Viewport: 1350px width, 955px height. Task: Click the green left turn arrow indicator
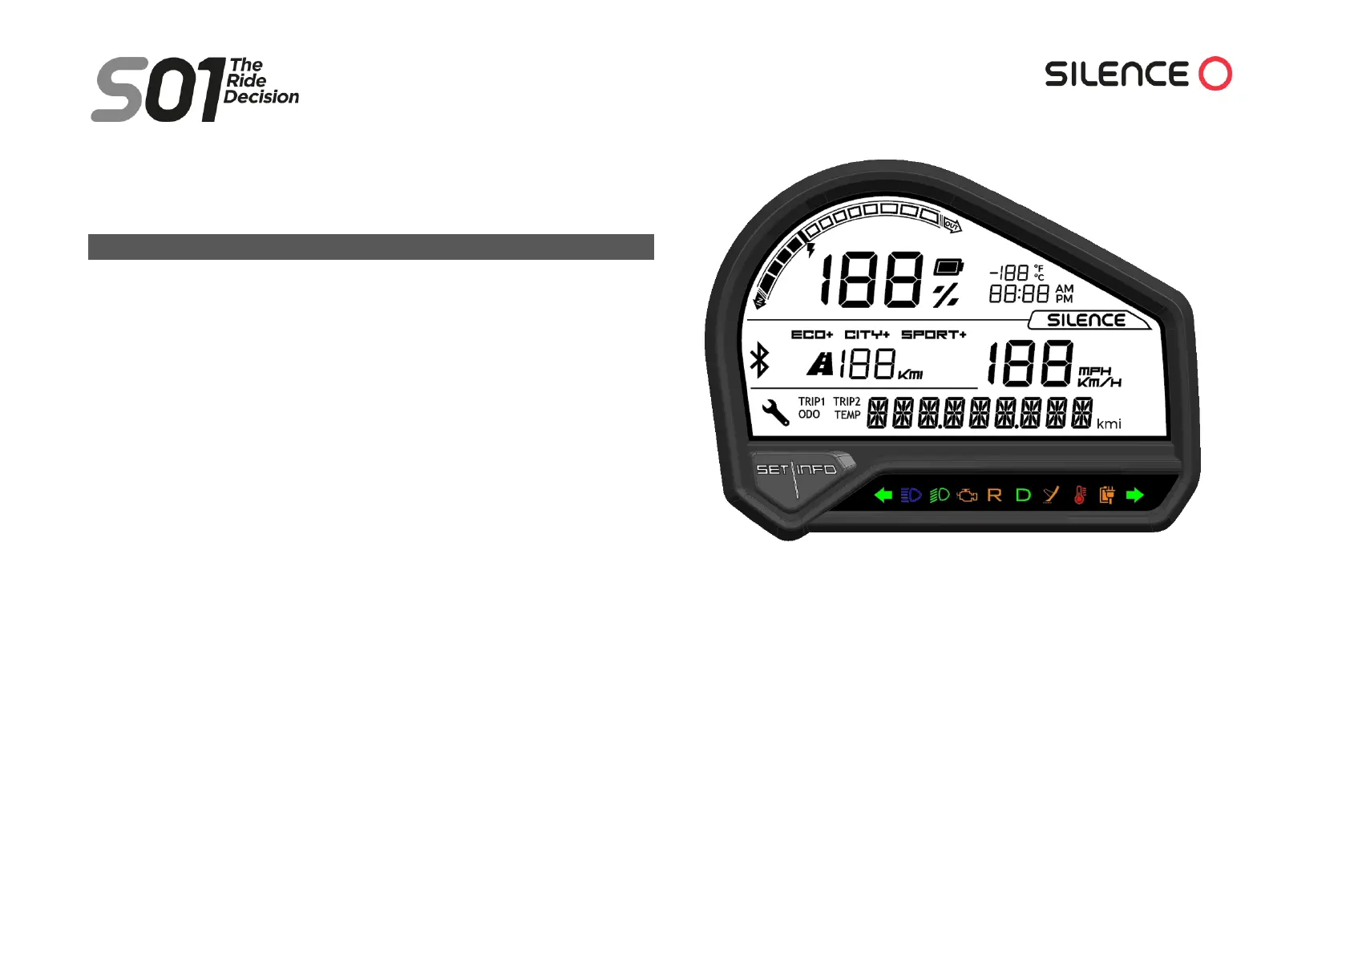coord(883,495)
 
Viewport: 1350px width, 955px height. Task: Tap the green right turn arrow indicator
coord(1134,495)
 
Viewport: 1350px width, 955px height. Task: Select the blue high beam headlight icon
coord(911,495)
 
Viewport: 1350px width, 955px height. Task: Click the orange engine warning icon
coord(968,495)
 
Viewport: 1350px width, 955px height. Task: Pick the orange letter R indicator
coord(994,495)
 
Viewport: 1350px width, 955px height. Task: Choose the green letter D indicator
coord(1023,495)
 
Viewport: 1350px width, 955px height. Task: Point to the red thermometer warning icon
coord(1080,495)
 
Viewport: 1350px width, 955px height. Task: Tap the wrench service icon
coord(774,412)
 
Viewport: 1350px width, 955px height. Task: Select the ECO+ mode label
coord(811,334)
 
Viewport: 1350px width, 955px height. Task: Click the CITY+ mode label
coord(867,334)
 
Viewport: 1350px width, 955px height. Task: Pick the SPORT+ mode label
coord(933,334)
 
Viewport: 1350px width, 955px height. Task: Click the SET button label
coord(772,469)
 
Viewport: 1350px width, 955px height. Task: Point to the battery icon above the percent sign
coord(948,267)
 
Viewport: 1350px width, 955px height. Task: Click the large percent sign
coord(946,295)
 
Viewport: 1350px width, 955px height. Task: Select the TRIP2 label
coord(847,401)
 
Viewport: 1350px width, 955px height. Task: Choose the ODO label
coord(809,415)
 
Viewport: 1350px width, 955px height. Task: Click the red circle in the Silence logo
coord(1215,74)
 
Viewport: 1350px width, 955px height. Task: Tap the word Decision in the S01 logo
coord(261,97)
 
